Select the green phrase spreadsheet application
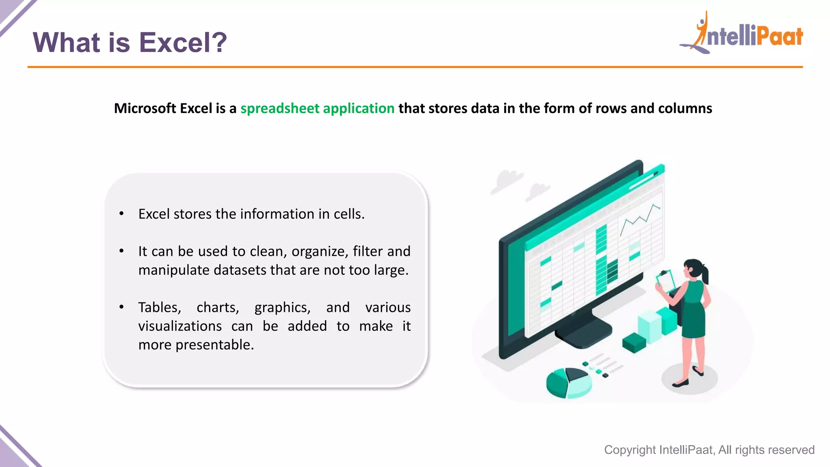point(317,108)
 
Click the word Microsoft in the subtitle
point(145,108)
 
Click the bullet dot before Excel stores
point(121,214)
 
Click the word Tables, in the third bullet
point(159,307)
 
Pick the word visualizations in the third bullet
point(180,326)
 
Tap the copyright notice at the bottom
point(709,450)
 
